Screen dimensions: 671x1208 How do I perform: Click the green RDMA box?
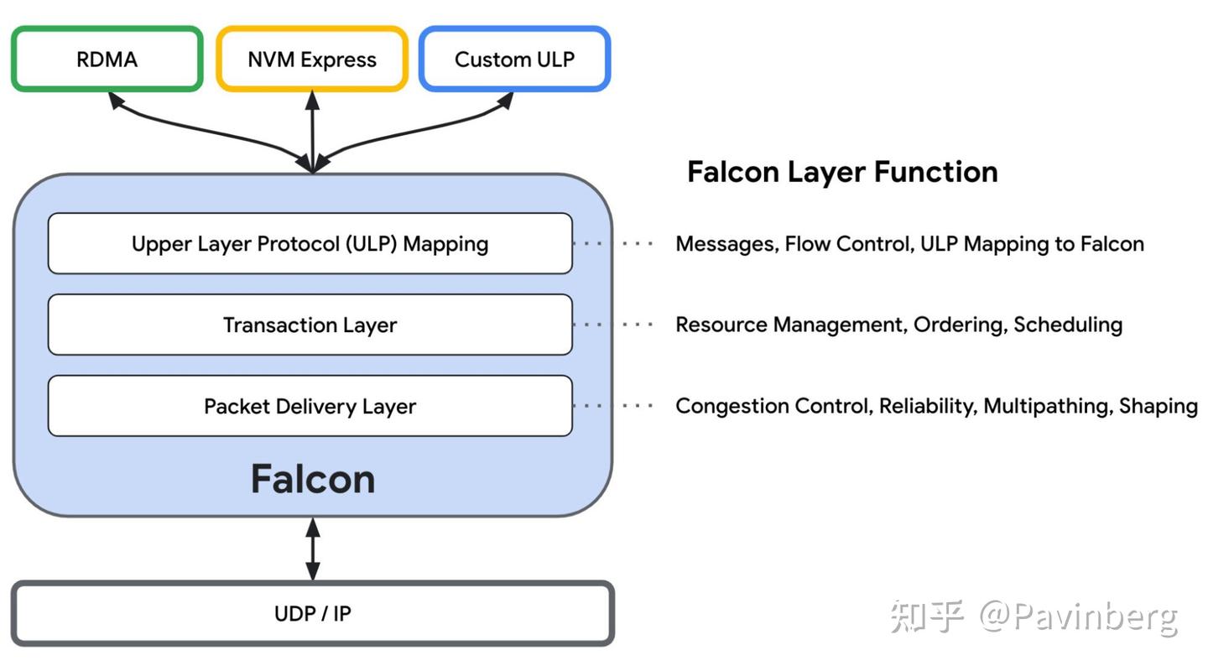[107, 60]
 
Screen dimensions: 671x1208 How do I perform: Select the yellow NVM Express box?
[312, 60]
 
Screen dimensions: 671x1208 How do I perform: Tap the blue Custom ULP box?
[514, 60]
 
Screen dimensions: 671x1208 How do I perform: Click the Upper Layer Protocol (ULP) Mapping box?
[310, 244]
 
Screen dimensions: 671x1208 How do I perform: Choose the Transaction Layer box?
[310, 325]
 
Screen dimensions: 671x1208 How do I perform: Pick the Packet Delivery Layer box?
[310, 406]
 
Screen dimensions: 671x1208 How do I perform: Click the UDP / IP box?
[312, 614]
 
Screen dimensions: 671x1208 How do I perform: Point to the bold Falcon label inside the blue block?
[312, 479]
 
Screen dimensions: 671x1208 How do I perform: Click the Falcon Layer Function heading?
[842, 172]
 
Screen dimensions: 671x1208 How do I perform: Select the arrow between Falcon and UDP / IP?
[312, 549]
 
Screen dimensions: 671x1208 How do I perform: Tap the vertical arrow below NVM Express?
[312, 130]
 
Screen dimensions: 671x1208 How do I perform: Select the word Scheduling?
[1068, 325]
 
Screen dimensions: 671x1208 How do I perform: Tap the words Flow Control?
[847, 244]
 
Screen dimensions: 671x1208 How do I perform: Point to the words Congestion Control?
[772, 406]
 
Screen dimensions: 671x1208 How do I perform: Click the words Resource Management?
[789, 325]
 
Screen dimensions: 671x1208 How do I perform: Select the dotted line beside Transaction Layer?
[613, 325]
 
